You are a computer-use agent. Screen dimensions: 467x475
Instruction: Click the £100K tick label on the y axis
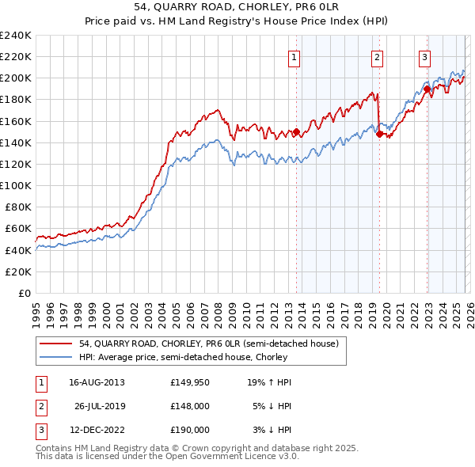click(x=16, y=185)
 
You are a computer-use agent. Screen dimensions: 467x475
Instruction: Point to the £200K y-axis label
click(x=16, y=78)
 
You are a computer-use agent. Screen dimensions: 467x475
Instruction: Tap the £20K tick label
click(x=18, y=271)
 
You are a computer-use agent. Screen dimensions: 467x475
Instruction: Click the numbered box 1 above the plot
click(x=294, y=57)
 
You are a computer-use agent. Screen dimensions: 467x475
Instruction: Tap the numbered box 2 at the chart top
click(x=378, y=57)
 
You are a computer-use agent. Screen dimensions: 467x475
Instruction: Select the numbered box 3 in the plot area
click(x=424, y=57)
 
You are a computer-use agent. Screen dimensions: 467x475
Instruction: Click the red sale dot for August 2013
click(x=296, y=132)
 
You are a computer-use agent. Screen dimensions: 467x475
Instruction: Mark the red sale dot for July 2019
click(x=379, y=134)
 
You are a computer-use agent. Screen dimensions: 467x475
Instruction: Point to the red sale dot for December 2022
click(x=427, y=89)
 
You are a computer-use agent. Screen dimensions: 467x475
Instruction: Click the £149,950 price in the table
click(x=190, y=382)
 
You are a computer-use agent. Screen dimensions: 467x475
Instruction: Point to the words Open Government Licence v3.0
click(x=235, y=458)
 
